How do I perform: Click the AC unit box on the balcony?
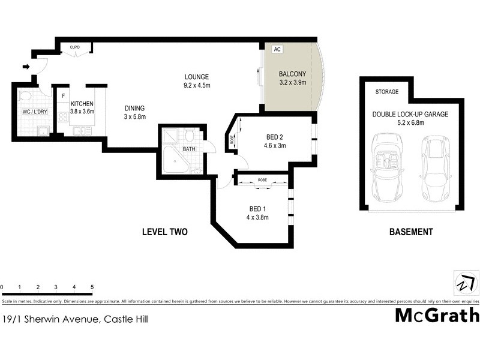click(277, 50)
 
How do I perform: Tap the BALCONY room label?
click(293, 74)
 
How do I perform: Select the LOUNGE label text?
click(196, 77)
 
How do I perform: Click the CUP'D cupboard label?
click(75, 47)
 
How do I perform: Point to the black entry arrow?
click(26, 67)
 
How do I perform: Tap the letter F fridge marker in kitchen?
click(62, 95)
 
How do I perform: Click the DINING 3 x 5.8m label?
click(135, 112)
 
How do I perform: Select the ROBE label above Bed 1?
click(262, 179)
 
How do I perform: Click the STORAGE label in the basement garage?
click(386, 92)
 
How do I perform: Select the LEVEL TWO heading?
click(165, 232)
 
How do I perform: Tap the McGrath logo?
click(437, 315)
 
